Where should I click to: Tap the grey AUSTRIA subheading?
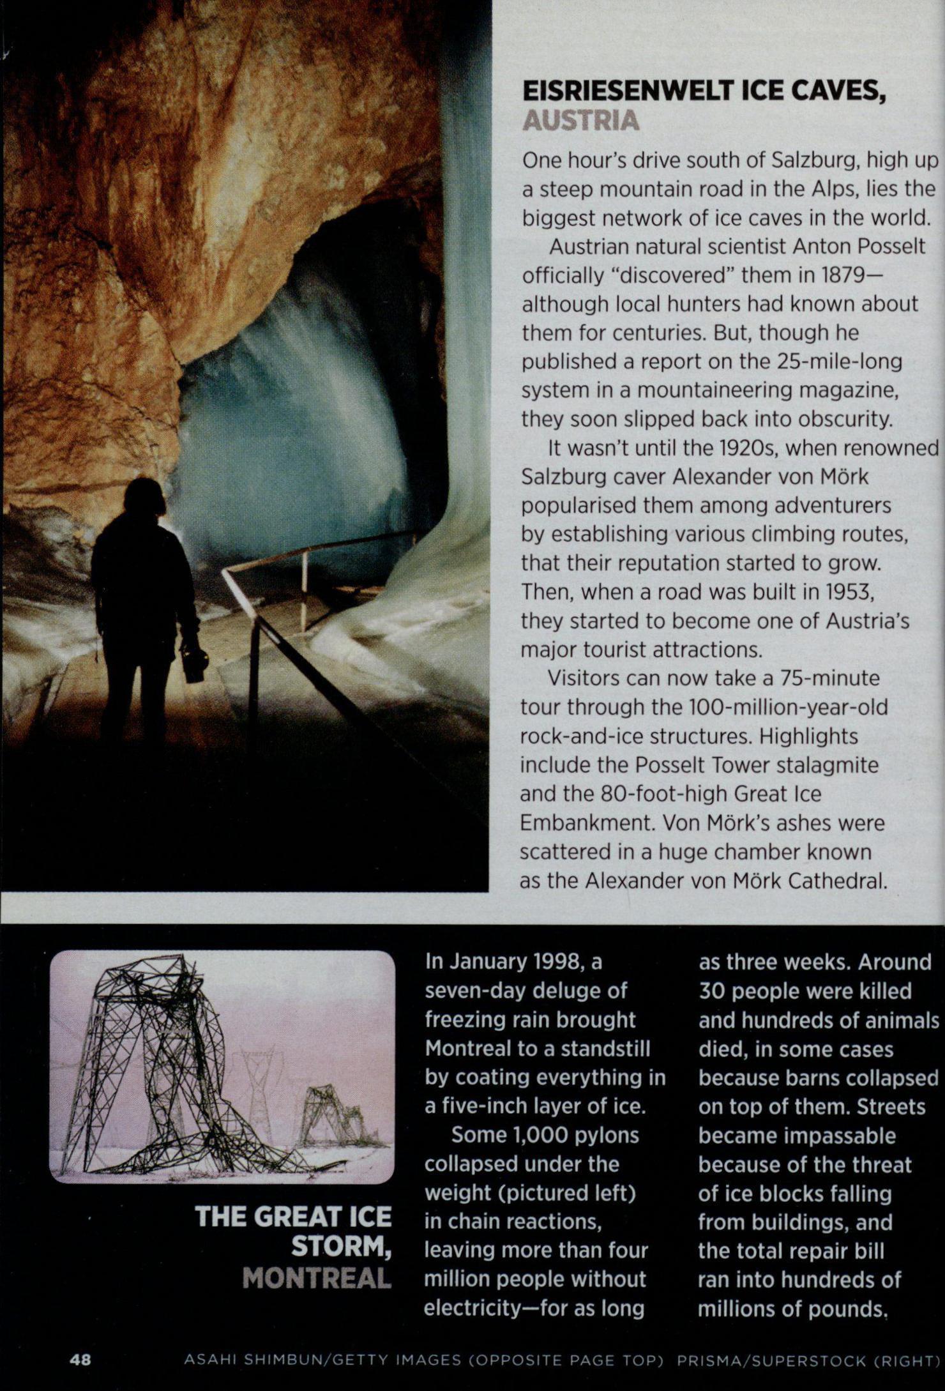[580, 121]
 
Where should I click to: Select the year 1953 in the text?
[840, 592]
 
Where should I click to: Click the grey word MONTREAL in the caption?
[317, 1279]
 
